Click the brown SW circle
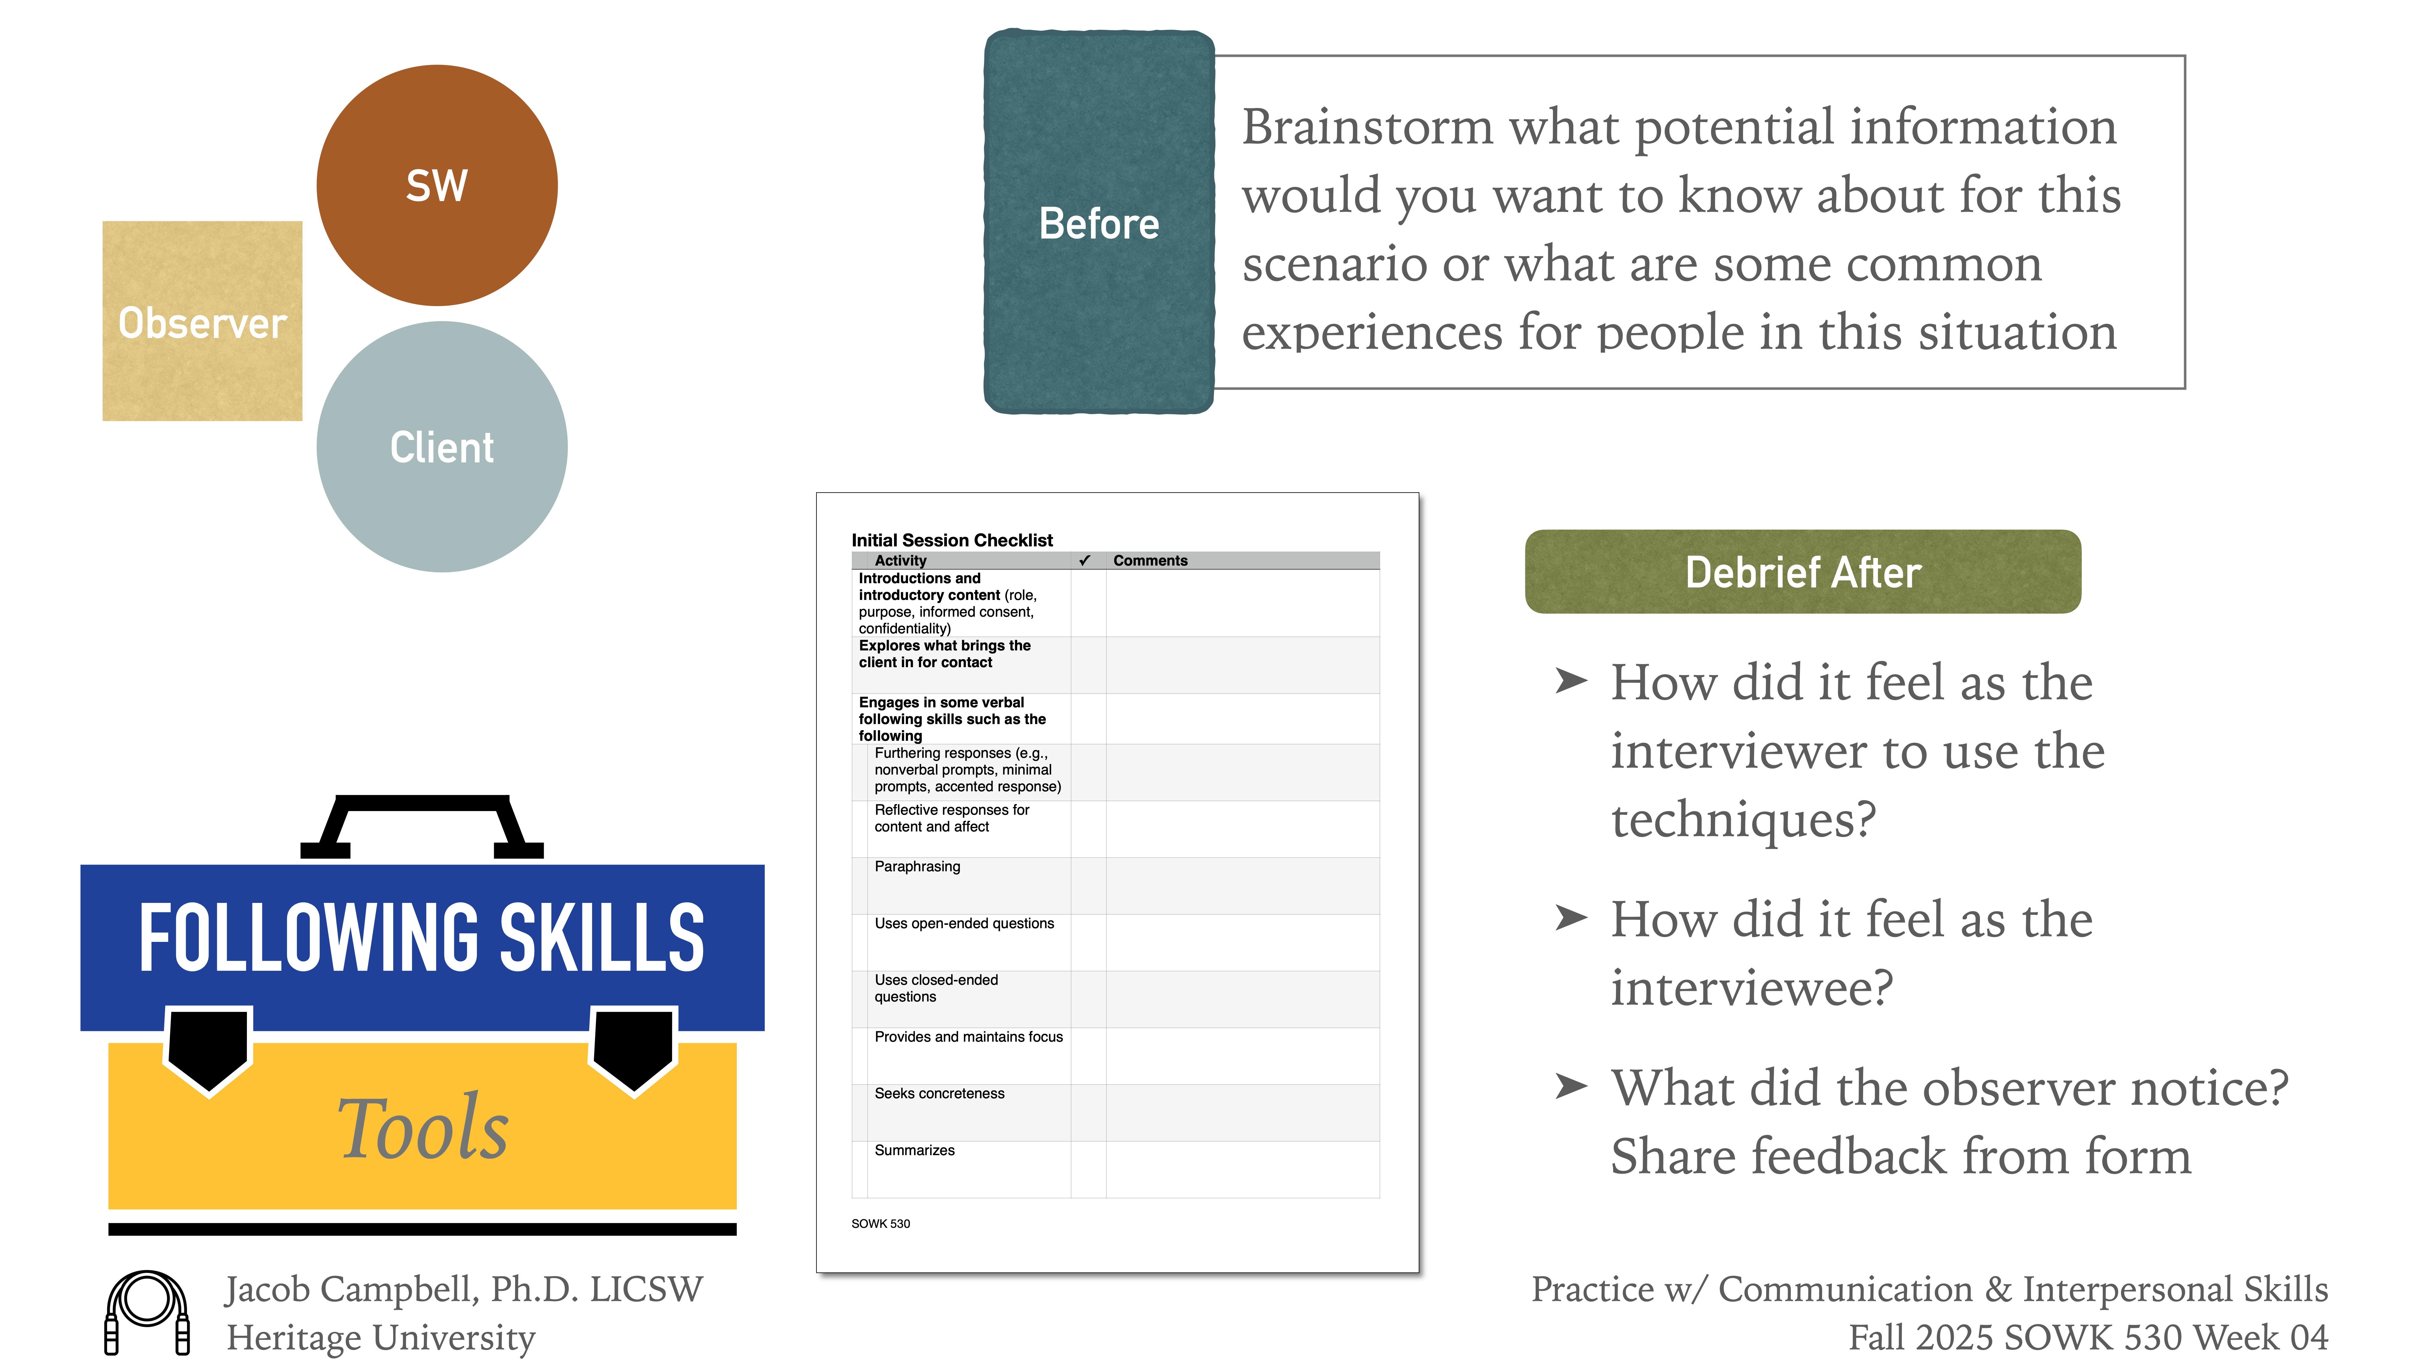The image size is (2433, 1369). point(436,185)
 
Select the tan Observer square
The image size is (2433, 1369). point(202,321)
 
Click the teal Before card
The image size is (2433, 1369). point(1098,223)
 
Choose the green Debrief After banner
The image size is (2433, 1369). point(1802,572)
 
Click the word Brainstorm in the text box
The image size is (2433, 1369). point(1366,127)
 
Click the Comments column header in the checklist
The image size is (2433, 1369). point(1149,560)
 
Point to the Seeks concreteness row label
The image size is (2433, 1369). point(939,1093)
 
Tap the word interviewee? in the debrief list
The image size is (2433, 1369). point(1751,988)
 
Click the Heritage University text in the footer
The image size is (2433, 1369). point(381,1338)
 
